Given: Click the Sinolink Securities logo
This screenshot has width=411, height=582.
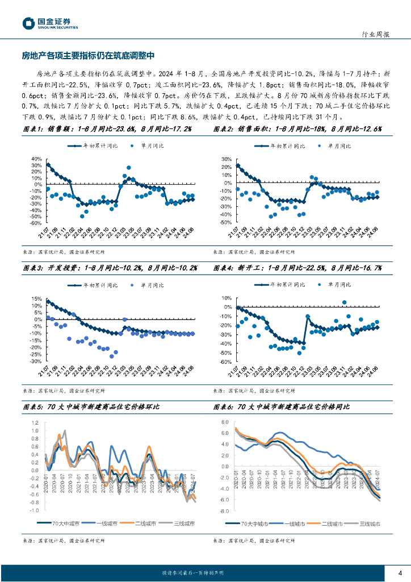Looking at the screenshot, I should click(x=50, y=23).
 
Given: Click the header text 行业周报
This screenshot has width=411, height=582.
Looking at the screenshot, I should click(x=375, y=34).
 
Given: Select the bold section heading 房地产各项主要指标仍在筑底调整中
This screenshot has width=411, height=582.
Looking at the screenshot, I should click(x=88, y=56).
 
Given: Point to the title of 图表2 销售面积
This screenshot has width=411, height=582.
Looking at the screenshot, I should click(x=298, y=130).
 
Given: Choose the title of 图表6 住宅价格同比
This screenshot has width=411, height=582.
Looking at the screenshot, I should click(x=282, y=407).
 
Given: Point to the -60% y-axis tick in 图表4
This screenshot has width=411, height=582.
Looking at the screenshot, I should click(x=225, y=361).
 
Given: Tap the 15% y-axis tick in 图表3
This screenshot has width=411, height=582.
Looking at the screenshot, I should click(x=36, y=298).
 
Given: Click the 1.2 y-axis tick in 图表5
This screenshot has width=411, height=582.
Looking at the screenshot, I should click(x=35, y=423).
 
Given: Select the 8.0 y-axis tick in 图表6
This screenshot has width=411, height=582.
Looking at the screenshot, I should click(x=224, y=422).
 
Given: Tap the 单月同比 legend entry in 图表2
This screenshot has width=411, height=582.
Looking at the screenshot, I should click(x=343, y=146).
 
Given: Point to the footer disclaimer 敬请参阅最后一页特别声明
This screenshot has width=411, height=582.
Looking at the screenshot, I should click(x=193, y=572).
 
